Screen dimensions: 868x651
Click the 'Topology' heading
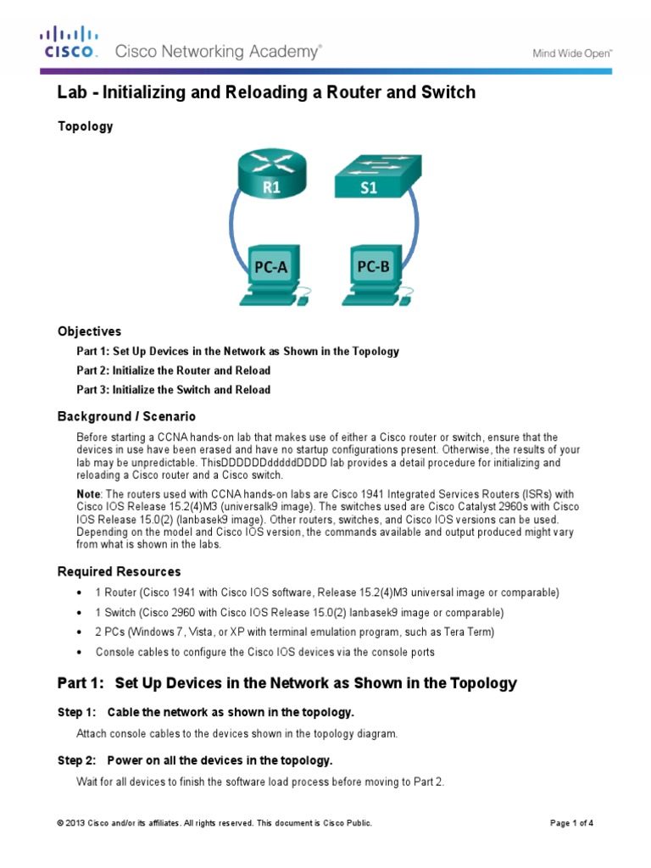85,126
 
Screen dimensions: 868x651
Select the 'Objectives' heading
89,331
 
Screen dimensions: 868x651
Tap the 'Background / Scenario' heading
126,416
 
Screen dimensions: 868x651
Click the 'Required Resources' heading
119,571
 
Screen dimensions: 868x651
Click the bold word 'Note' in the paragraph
89,493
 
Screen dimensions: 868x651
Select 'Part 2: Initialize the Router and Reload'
174,370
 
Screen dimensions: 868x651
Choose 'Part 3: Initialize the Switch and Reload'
174,390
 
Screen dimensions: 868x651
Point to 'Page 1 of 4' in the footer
571,823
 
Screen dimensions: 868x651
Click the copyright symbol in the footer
61,823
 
